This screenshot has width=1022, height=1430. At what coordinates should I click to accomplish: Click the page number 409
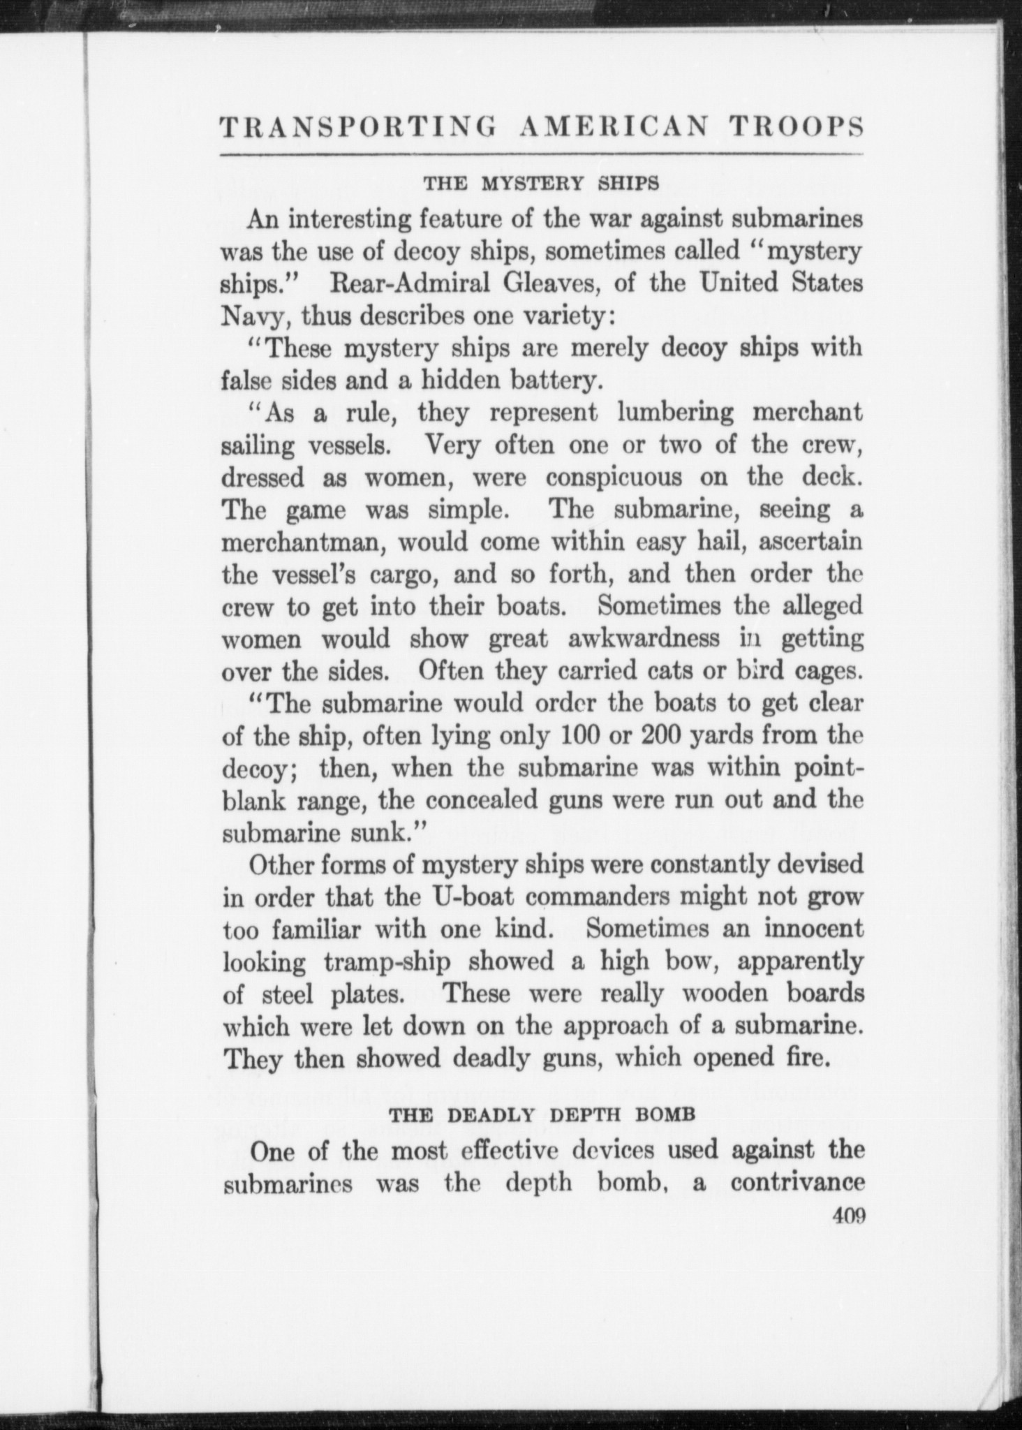(x=849, y=1217)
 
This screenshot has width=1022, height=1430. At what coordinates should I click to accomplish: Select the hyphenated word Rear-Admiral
(x=406, y=283)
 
